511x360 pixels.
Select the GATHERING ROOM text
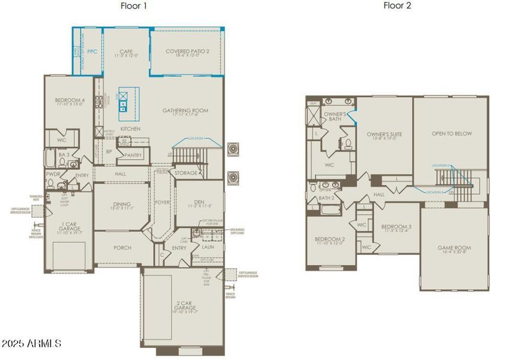185,110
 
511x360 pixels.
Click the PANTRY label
133,155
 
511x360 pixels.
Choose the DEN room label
200,202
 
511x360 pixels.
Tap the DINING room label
121,205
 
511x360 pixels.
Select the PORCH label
122,247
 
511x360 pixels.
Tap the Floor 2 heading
396,6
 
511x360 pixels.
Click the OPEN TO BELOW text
452,133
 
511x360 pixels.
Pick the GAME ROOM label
453,247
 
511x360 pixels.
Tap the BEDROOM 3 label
395,226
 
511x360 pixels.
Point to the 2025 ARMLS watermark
31,344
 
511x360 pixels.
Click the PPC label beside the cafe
92,52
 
